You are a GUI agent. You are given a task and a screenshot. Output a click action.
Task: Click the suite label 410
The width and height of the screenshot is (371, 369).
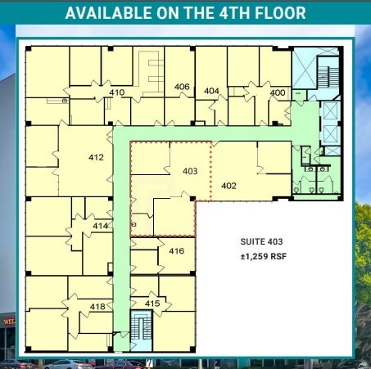116,92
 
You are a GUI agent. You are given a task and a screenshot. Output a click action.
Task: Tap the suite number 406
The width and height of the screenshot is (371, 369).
182,87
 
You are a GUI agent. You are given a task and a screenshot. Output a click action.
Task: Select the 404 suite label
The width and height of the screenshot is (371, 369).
211,91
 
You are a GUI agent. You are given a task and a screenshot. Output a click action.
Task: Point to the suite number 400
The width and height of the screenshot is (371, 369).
277,92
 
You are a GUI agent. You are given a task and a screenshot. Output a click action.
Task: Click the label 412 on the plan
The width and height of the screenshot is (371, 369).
96,156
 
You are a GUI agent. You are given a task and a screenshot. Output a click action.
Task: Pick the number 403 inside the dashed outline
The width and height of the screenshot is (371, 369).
190,171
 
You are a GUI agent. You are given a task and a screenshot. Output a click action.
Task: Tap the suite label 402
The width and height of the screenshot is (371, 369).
228,186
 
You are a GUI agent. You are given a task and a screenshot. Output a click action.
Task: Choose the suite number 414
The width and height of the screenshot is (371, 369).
100,225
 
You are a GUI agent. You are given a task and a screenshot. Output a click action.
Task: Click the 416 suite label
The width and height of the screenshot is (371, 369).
176,250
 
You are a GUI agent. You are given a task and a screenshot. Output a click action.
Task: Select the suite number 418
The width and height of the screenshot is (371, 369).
97,306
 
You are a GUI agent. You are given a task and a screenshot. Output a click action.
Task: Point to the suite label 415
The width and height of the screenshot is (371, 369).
152,304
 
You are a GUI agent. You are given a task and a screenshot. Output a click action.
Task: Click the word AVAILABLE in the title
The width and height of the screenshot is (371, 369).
109,13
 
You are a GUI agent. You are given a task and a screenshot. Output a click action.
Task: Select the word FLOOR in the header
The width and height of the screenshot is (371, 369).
275,13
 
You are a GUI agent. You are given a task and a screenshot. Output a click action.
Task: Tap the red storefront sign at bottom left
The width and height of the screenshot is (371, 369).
8,320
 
